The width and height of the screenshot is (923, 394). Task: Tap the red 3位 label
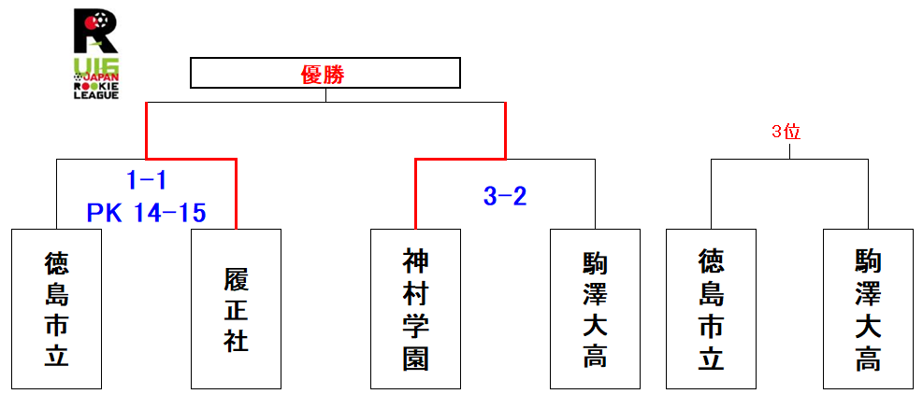(x=786, y=132)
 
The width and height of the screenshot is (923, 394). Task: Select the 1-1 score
(x=146, y=181)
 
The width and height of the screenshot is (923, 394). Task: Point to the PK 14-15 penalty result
(x=146, y=214)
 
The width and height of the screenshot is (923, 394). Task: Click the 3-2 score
(x=506, y=196)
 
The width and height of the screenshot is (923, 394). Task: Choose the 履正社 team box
(x=236, y=308)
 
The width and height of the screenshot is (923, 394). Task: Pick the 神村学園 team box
(x=415, y=308)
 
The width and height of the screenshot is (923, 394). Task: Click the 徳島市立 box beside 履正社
(x=56, y=308)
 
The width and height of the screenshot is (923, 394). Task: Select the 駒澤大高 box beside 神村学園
(x=595, y=308)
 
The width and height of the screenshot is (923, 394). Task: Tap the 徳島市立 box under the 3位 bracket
(x=711, y=308)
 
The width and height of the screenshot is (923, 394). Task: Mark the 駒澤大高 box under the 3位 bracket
(x=868, y=308)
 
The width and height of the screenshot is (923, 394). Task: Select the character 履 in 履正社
(x=236, y=279)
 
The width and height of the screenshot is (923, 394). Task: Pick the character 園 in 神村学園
(x=415, y=358)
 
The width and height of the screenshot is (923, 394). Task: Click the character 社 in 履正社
(x=236, y=339)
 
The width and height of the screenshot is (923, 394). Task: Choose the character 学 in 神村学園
(x=415, y=325)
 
